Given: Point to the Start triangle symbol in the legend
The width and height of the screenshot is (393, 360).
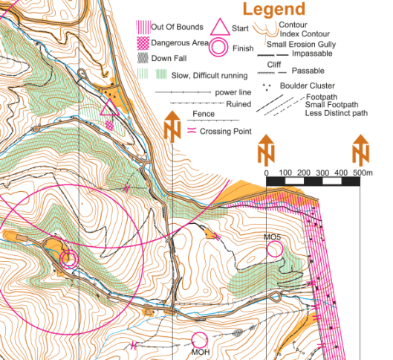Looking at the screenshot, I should point(220,28).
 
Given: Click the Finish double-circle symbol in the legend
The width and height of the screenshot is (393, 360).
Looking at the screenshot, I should point(219,48).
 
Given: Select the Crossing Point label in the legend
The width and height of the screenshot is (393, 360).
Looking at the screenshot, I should point(225,130).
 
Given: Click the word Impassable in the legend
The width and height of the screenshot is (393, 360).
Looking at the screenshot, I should point(312,54).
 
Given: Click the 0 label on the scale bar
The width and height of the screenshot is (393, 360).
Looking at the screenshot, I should point(266,173).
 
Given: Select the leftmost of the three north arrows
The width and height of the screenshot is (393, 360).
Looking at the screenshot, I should point(172,126).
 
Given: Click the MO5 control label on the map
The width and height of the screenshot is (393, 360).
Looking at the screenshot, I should point(273,237).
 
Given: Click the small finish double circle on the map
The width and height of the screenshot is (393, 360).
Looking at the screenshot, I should point(69,260).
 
